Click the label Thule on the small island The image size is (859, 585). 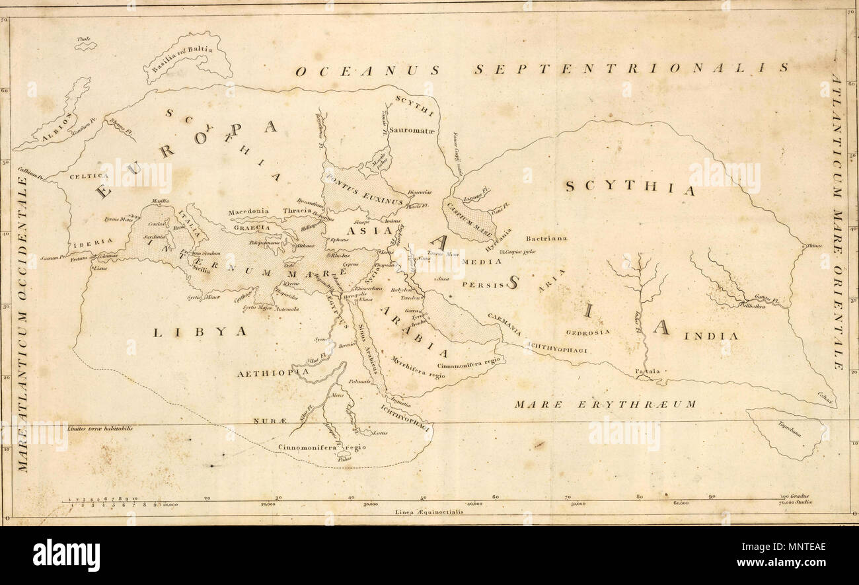point(83,40)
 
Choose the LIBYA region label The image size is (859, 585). point(200,331)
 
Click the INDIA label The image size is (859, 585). point(711,336)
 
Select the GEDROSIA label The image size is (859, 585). point(588,332)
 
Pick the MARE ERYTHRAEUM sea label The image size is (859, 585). point(605,404)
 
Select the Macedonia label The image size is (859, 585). point(248,212)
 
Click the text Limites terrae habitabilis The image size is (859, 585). point(100,428)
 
